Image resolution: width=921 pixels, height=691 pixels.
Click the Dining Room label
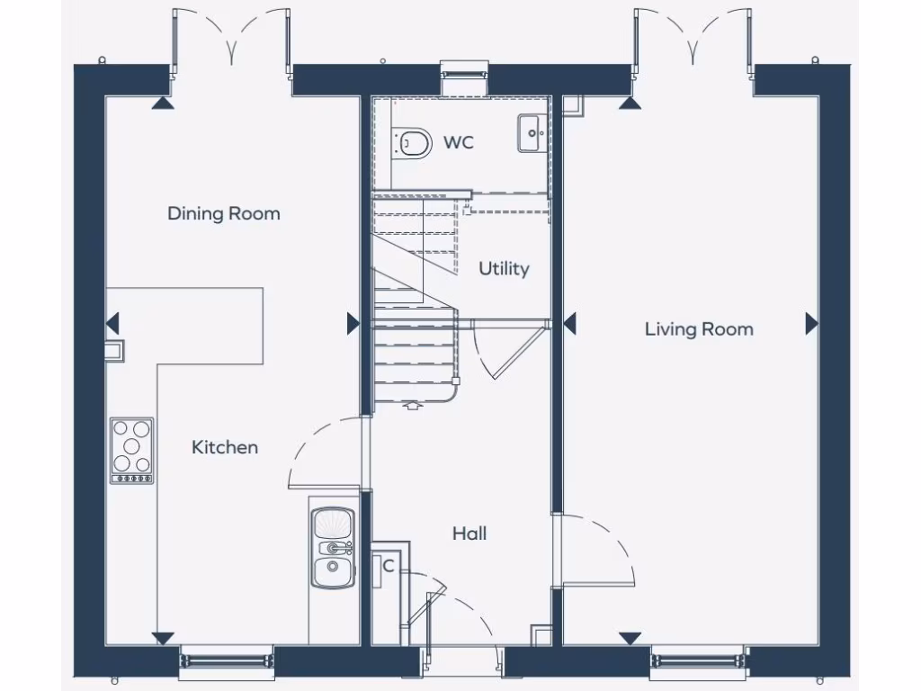pyautogui.click(x=224, y=213)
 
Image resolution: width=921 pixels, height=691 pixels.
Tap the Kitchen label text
pyautogui.click(x=225, y=447)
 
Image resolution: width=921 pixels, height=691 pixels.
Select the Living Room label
pyautogui.click(x=699, y=329)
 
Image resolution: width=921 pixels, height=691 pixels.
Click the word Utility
pyautogui.click(x=504, y=268)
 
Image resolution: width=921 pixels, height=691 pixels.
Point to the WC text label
pyautogui.click(x=459, y=142)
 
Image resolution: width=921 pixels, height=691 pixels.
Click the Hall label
pyautogui.click(x=469, y=534)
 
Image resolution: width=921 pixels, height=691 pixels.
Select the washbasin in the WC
pyautogui.click(x=531, y=134)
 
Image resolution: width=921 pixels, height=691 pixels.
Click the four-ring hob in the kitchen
pyautogui.click(x=131, y=448)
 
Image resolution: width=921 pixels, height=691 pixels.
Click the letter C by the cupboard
pyautogui.click(x=389, y=566)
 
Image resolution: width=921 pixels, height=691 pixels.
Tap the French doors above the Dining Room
pyautogui.click(x=231, y=36)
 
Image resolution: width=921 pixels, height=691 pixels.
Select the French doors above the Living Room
pyautogui.click(x=693, y=36)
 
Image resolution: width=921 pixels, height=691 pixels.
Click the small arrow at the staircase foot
pyautogui.click(x=413, y=406)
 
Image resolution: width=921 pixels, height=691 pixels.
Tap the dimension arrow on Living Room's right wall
pyautogui.click(x=811, y=324)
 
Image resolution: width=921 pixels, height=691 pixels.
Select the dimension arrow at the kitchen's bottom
pyautogui.click(x=163, y=638)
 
